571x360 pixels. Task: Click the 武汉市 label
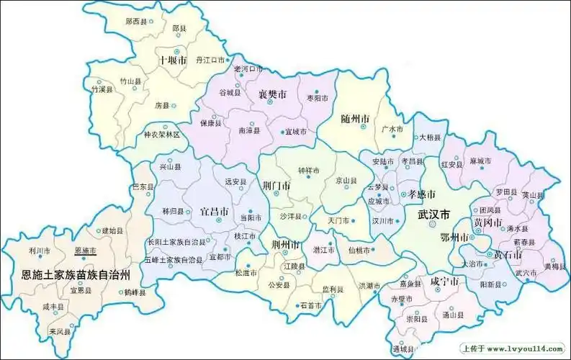point(434,215)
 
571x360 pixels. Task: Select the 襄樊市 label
point(273,94)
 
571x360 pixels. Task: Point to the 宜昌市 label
point(214,212)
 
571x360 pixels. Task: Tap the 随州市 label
point(355,118)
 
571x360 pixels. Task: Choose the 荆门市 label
point(276,185)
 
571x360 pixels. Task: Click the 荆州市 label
point(286,244)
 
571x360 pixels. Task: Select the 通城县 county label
point(403,348)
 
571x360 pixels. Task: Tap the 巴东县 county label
point(143,186)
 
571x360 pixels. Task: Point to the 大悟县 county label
point(429,137)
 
